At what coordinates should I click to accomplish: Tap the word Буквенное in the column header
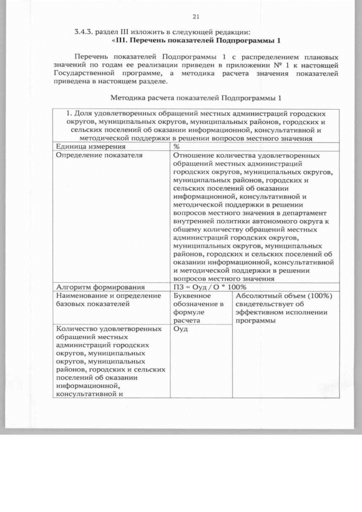point(193,295)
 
